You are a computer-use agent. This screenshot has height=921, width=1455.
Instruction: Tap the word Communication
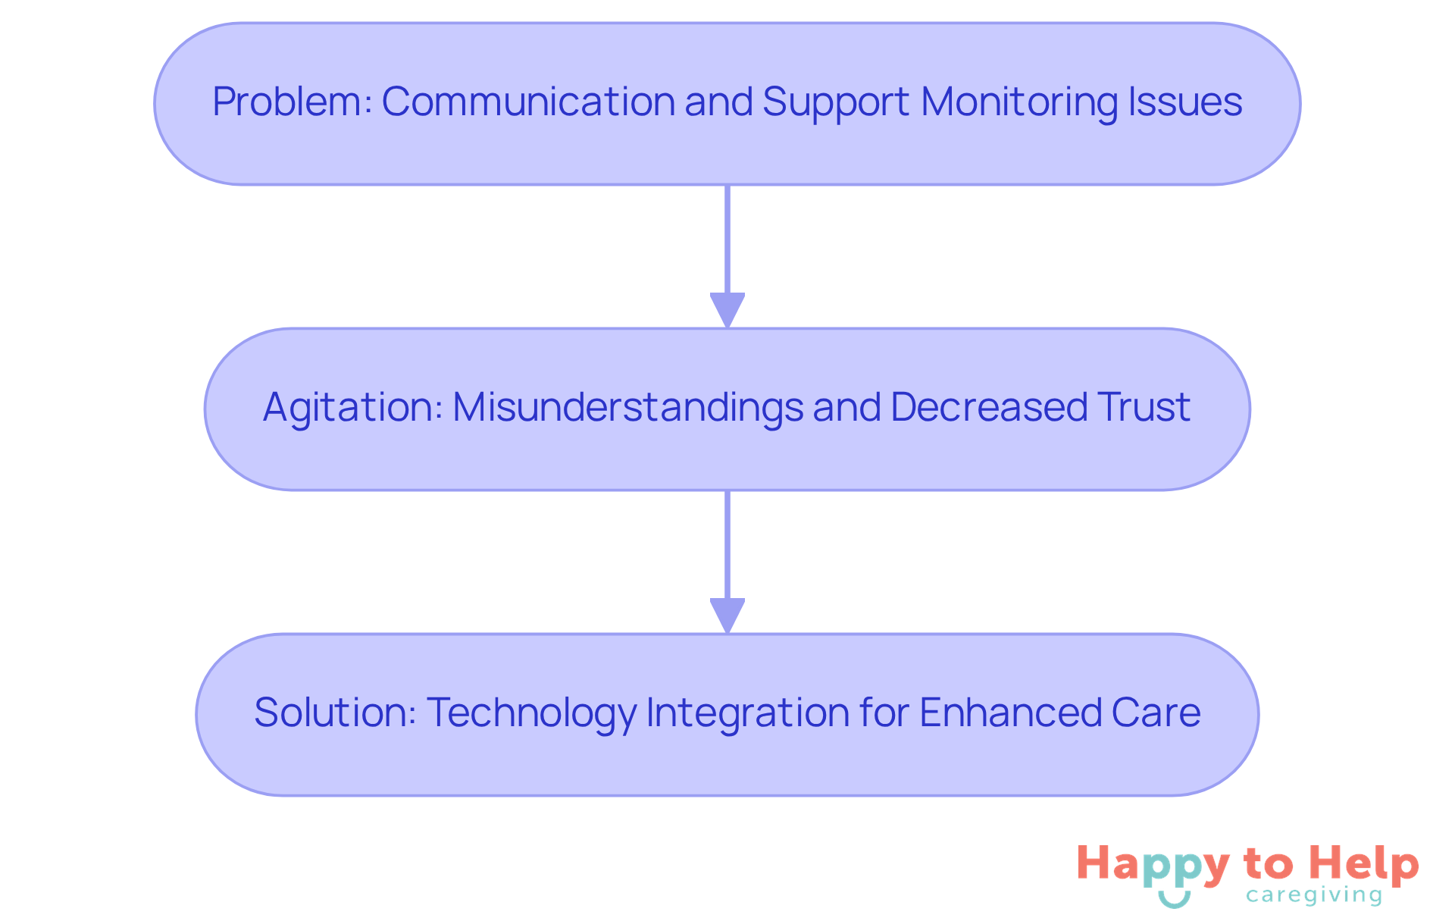pos(528,102)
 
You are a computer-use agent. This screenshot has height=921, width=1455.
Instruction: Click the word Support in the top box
pos(836,102)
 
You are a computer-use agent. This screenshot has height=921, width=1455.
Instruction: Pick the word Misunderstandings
pos(627,408)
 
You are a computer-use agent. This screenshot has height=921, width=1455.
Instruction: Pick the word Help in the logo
pos(1364,864)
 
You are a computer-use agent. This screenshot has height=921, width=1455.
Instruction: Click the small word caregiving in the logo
pos(1314,896)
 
